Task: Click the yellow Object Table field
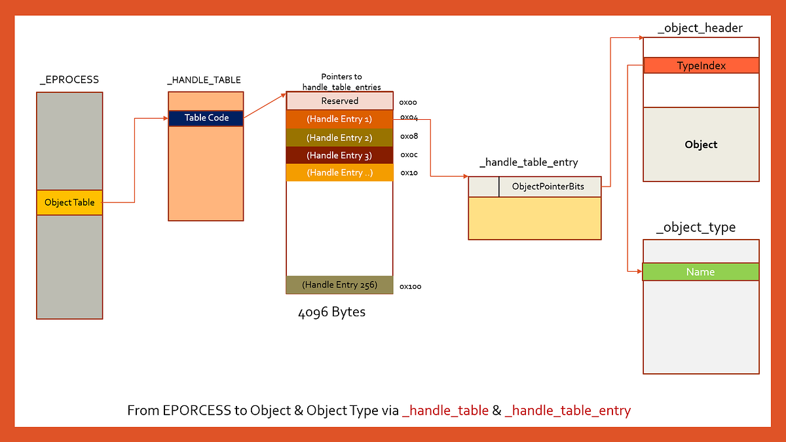click(x=69, y=202)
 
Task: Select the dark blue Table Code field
click(x=206, y=118)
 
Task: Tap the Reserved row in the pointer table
click(x=339, y=101)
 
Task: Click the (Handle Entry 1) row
click(x=339, y=119)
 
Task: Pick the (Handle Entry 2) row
click(x=339, y=138)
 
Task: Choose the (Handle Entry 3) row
click(x=339, y=155)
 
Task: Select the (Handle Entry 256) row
click(x=339, y=285)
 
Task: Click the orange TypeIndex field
click(x=701, y=65)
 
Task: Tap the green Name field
click(x=700, y=272)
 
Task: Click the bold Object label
click(x=701, y=144)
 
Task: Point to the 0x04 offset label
click(x=409, y=117)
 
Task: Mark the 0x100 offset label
click(x=410, y=286)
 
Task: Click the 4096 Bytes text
click(x=331, y=312)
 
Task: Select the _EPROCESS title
click(x=69, y=80)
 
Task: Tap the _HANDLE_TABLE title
click(x=204, y=80)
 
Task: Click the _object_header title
click(x=700, y=28)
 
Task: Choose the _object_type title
click(x=696, y=227)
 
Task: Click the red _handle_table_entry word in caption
click(x=568, y=411)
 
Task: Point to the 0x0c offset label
click(x=409, y=155)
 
